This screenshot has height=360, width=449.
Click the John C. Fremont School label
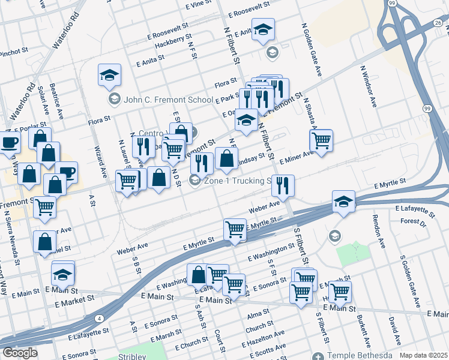(x=167, y=100)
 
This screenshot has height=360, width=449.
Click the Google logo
(x=20, y=353)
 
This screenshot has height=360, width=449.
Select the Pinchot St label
(x=10, y=53)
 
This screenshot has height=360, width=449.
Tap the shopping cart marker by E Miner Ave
(x=321, y=140)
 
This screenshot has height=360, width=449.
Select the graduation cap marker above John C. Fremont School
(x=109, y=75)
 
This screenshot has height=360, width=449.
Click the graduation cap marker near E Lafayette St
(x=343, y=201)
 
